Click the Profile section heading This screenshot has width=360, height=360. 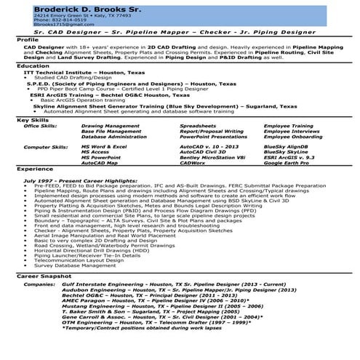[x=28, y=39]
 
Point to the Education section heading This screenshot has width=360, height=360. [x=33, y=65]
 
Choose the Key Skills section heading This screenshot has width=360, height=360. [x=33, y=119]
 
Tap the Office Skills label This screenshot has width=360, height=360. [x=41, y=125]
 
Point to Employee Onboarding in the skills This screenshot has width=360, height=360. [x=292, y=137]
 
